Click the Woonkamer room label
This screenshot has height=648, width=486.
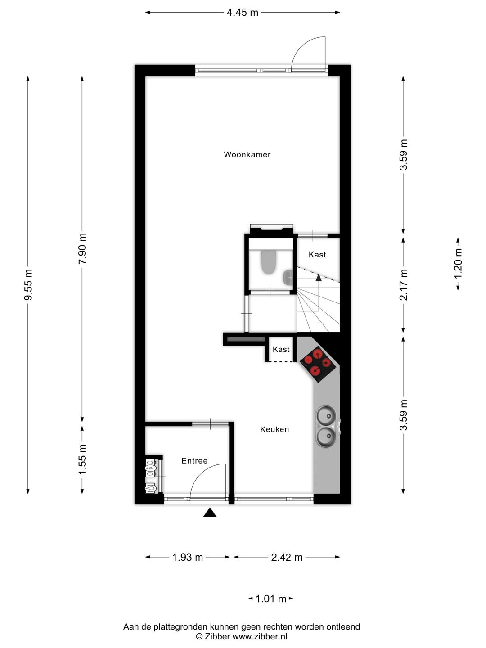(x=247, y=155)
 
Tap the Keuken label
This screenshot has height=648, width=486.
(x=274, y=430)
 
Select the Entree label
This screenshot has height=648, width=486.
(x=194, y=461)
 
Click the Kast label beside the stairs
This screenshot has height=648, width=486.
(x=317, y=255)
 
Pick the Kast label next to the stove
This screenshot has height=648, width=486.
(x=281, y=350)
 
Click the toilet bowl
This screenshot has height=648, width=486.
(x=269, y=262)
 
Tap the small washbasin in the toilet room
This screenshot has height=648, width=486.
(x=288, y=278)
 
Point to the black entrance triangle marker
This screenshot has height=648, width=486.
(x=210, y=513)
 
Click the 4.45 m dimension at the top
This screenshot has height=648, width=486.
(x=243, y=13)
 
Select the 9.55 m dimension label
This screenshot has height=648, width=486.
(x=28, y=285)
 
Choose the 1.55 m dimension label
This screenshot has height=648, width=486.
(x=82, y=459)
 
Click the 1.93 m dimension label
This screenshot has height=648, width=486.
(x=188, y=558)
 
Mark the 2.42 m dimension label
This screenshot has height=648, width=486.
(x=287, y=558)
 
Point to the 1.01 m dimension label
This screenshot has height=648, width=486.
(x=271, y=599)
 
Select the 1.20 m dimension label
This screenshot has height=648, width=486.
(x=458, y=263)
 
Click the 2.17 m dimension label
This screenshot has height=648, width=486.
(x=404, y=284)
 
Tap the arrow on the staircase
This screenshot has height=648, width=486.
(x=319, y=277)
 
